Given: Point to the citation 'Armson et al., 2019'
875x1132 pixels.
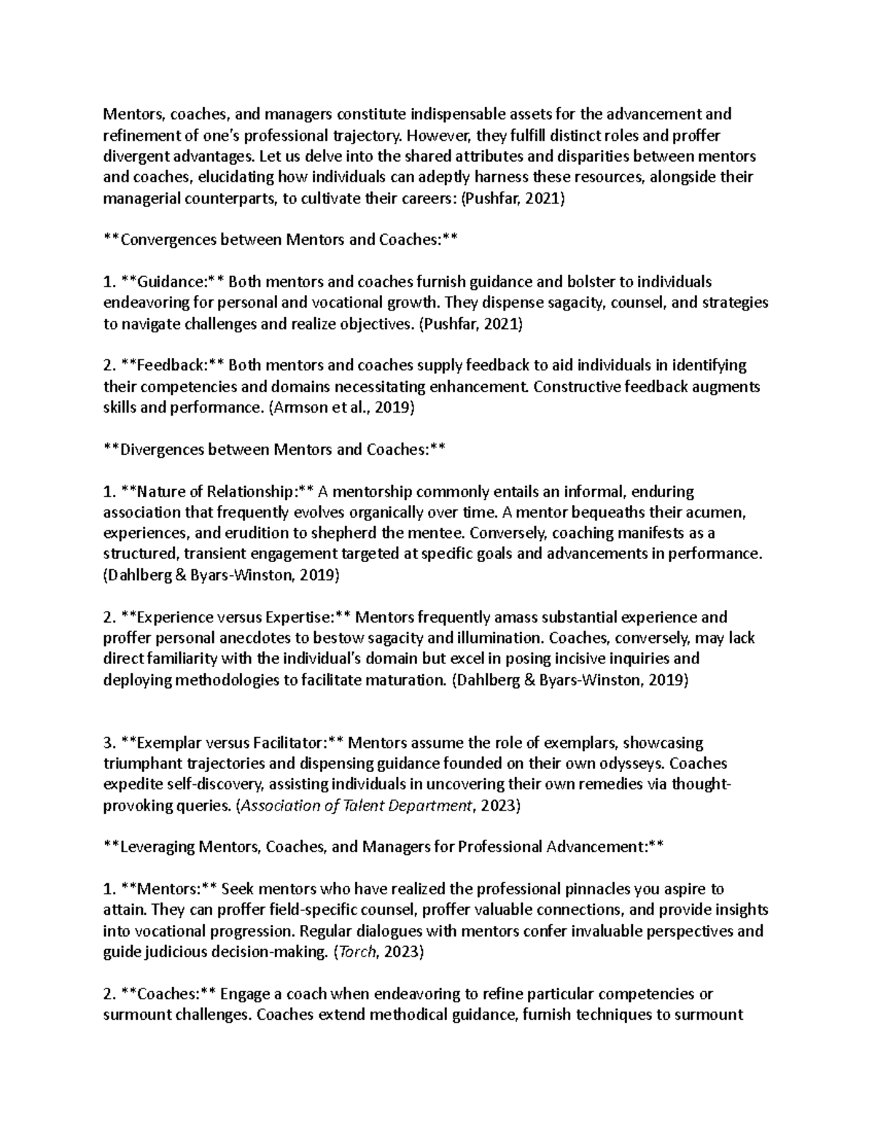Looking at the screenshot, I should point(342,408).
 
